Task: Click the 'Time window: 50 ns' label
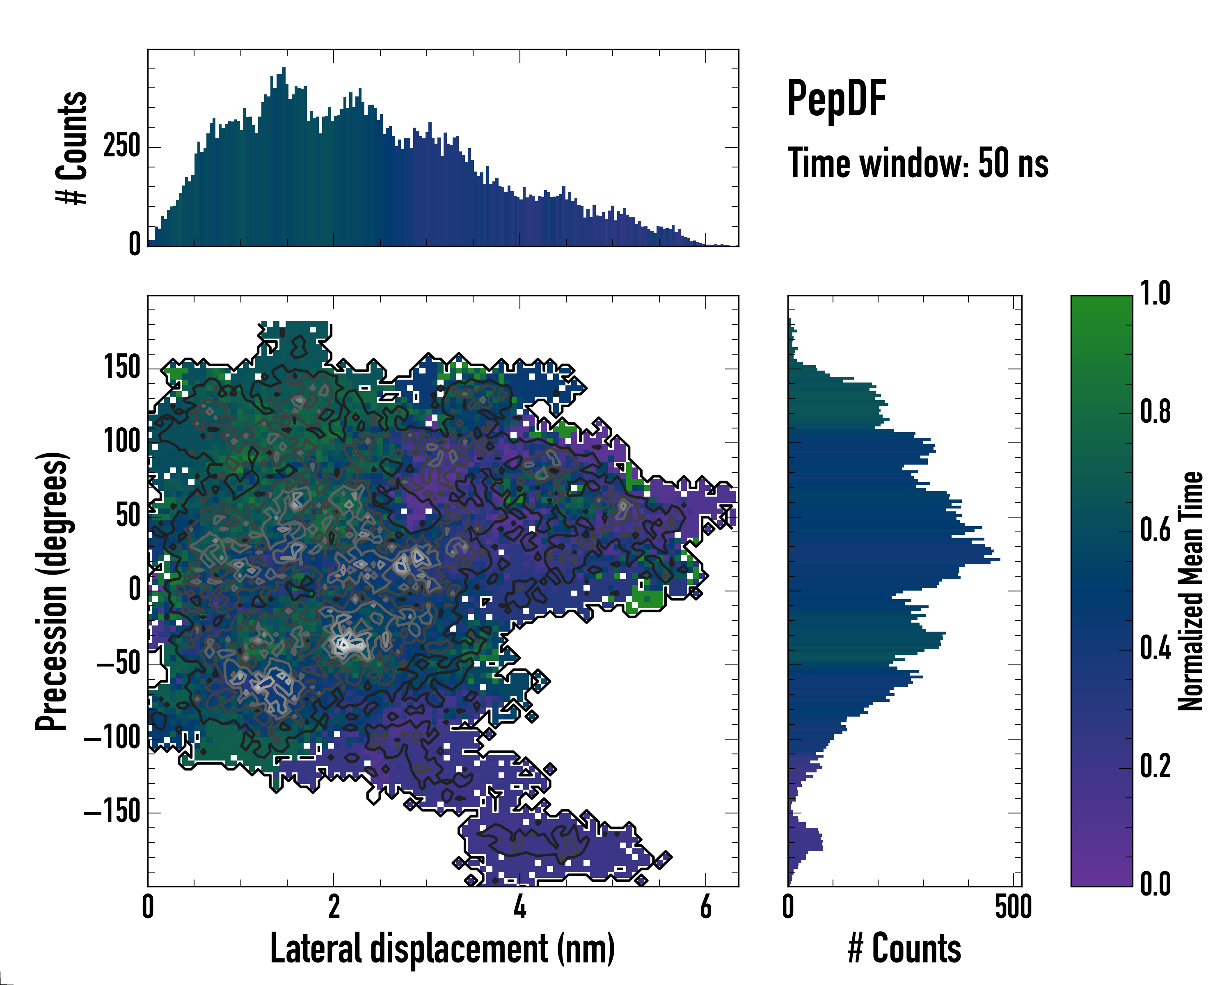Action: tap(918, 164)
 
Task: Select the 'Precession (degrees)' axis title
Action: tap(53, 591)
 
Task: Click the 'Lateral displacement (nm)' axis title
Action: tap(442, 948)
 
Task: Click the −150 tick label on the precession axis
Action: tap(112, 811)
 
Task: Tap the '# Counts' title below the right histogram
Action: tap(904, 948)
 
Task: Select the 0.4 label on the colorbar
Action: tap(1155, 649)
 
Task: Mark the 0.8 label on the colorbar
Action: tap(1155, 412)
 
